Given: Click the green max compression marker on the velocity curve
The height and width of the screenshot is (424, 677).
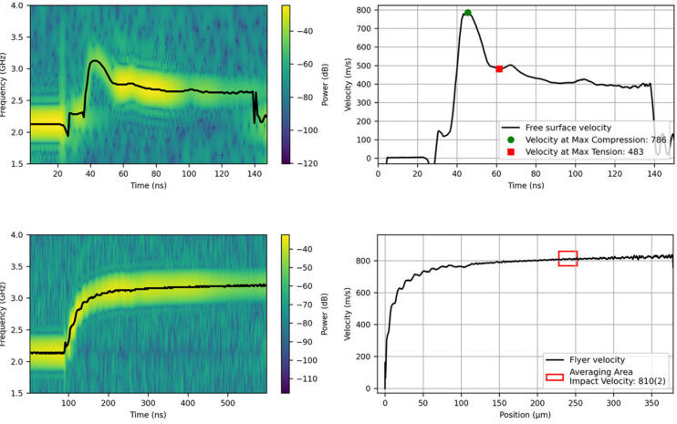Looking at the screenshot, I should click(x=467, y=13).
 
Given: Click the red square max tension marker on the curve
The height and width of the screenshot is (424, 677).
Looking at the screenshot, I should click(x=499, y=68).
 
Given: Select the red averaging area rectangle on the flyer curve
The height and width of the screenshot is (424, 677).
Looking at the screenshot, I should click(x=568, y=258).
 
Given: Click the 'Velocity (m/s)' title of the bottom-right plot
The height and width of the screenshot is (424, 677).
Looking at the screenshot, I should click(x=349, y=315).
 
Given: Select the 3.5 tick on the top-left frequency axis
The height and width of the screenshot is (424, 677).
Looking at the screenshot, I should click(x=19, y=38).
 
